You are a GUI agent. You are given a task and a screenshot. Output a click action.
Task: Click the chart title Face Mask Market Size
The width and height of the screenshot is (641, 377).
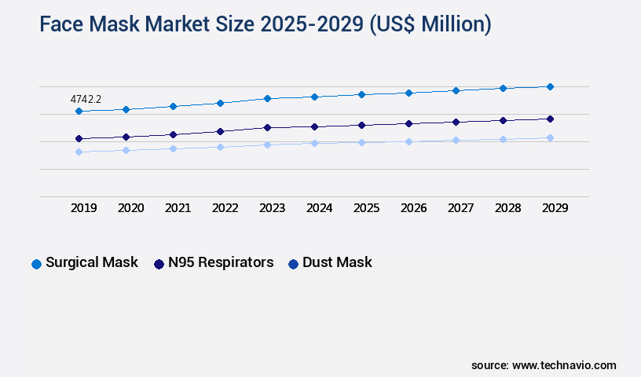pyautogui.click(x=265, y=25)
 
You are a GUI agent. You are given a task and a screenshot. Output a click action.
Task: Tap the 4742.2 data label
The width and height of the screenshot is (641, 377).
pyautogui.click(x=86, y=100)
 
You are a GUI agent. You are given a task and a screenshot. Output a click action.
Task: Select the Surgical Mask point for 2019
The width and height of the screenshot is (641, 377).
pyautogui.click(x=79, y=112)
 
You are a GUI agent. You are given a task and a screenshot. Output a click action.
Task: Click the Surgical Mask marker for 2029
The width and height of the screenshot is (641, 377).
pyautogui.click(x=550, y=86)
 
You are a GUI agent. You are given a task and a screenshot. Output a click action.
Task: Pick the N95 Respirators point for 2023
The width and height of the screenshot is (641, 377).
pyautogui.click(x=267, y=127)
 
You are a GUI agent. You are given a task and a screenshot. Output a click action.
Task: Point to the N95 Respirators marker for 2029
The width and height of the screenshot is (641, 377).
pyautogui.click(x=550, y=119)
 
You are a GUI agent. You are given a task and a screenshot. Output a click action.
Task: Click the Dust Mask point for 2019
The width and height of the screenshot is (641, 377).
pyautogui.click(x=79, y=152)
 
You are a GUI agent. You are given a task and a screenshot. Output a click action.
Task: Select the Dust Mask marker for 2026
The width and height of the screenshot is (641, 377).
pyautogui.click(x=408, y=141)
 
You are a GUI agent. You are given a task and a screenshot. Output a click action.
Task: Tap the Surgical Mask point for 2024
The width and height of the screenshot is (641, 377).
pyautogui.click(x=314, y=97)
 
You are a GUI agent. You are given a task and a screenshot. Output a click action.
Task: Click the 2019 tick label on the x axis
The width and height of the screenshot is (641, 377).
pyautogui.click(x=84, y=208)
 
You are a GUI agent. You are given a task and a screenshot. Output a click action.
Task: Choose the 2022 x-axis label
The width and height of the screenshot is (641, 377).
pyautogui.click(x=225, y=208)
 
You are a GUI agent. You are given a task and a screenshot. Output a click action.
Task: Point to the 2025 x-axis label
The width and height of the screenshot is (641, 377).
pyautogui.click(x=367, y=208)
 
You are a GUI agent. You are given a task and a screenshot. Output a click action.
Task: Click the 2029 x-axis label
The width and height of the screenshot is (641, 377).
pyautogui.click(x=555, y=208)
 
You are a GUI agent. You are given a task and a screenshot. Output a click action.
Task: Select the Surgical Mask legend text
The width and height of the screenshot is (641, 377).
pyautogui.click(x=92, y=262)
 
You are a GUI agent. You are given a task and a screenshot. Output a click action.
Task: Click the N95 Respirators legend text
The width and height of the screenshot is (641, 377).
pyautogui.click(x=221, y=262)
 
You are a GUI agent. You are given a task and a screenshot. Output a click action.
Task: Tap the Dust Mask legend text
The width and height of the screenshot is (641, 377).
pyautogui.click(x=337, y=262)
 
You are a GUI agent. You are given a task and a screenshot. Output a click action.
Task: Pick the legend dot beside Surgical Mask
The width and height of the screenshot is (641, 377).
pyautogui.click(x=36, y=264)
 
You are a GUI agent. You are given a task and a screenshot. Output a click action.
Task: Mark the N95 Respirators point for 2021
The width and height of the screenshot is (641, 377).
pyautogui.click(x=173, y=134)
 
